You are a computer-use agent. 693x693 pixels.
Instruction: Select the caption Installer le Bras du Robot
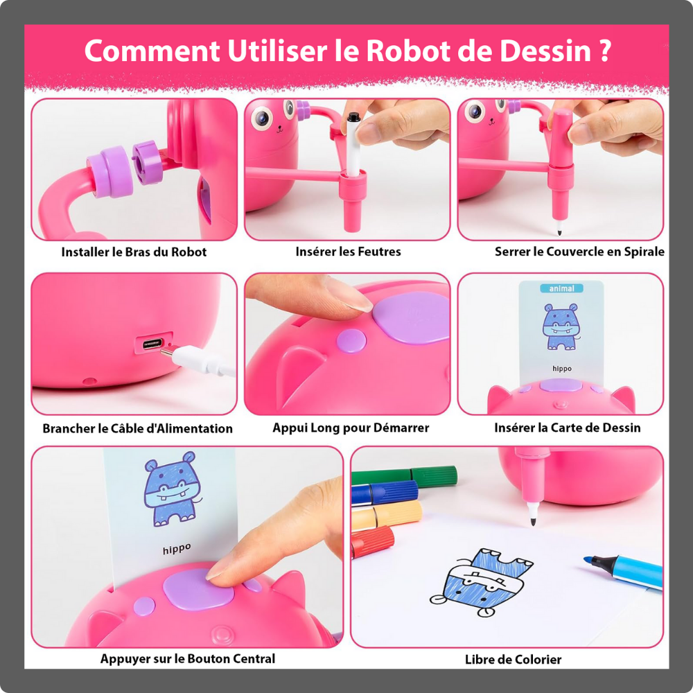pos(134,252)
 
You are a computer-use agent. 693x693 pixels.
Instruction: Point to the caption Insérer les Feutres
pos(348,252)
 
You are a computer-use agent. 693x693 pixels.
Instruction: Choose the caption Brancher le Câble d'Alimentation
pos(137,428)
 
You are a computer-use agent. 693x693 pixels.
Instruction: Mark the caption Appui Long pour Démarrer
pos(350,428)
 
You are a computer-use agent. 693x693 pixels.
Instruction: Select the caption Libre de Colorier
pos(513,659)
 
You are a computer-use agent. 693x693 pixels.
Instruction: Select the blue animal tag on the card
pos(561,288)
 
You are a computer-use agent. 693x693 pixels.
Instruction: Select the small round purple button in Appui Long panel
pos(351,340)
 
